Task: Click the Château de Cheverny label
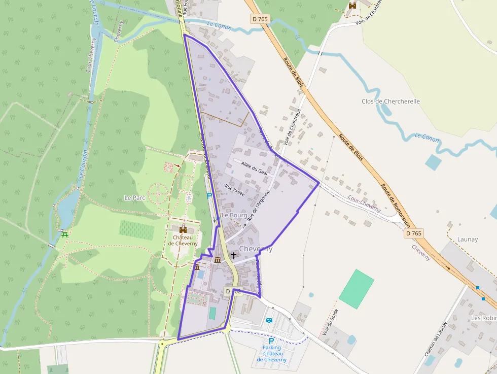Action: pos(185,240)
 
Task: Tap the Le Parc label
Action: pos(134,197)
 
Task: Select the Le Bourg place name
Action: pos(234,215)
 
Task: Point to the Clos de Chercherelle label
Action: pos(390,101)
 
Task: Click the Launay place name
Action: pos(468,239)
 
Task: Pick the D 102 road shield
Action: pos(233,291)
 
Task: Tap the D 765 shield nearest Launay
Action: pos(413,233)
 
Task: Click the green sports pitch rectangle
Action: pos(356,289)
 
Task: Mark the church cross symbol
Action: pos(233,255)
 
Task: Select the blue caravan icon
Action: pos(269,321)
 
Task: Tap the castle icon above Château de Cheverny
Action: pos(183,230)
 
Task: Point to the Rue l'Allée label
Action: pos(235,191)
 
